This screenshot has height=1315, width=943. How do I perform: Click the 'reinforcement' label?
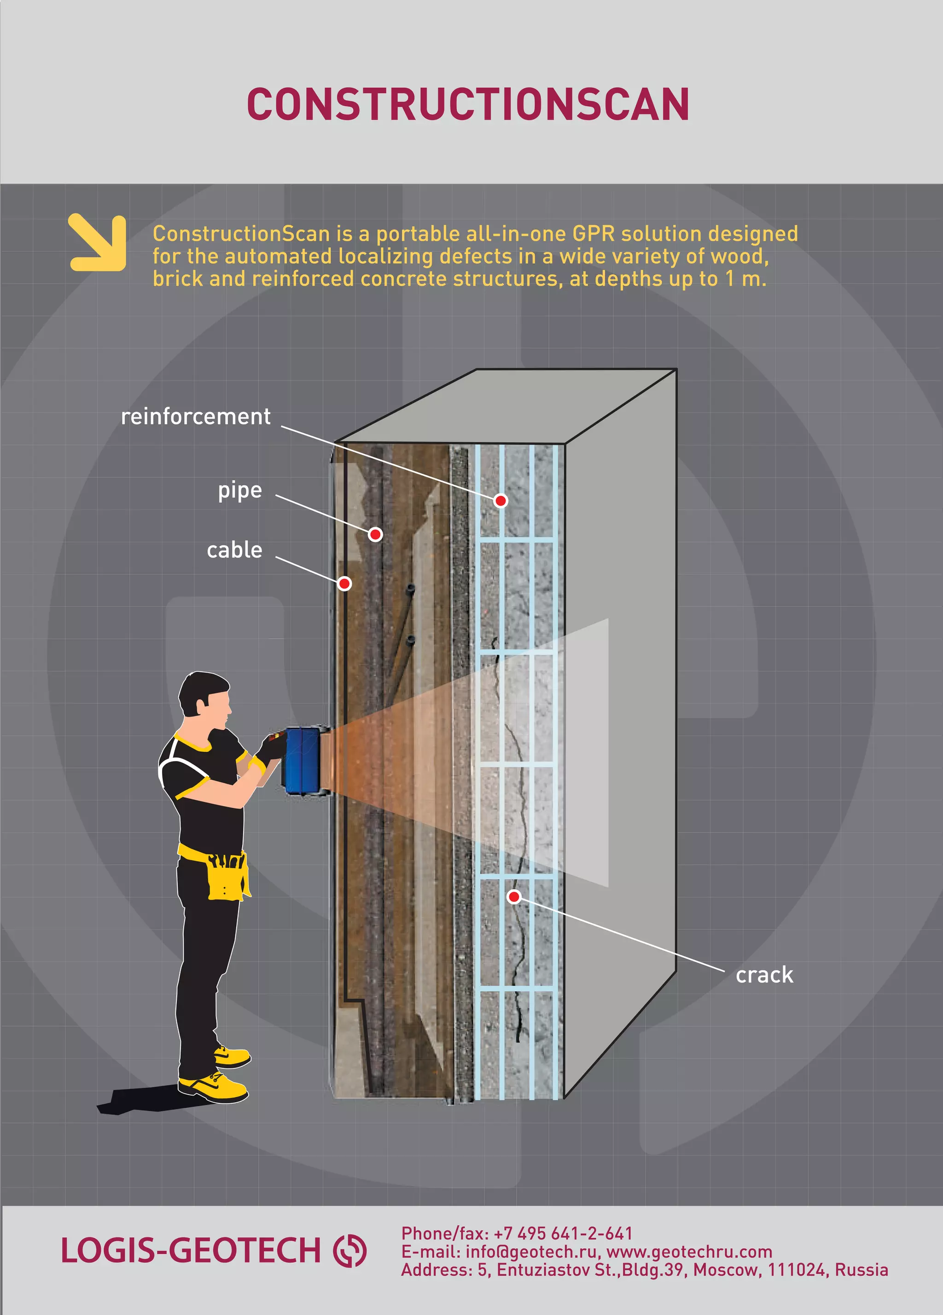(x=196, y=416)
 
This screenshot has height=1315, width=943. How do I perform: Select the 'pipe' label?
(x=240, y=490)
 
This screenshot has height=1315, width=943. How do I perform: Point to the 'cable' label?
(x=234, y=550)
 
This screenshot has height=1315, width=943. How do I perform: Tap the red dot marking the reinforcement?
(x=500, y=501)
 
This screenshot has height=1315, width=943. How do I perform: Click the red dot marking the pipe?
(x=375, y=534)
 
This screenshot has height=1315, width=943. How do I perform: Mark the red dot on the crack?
(x=513, y=897)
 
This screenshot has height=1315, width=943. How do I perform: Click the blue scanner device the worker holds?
(x=303, y=761)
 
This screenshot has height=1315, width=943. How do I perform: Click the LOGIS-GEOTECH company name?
(x=190, y=1250)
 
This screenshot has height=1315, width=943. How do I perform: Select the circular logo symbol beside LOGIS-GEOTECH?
(x=350, y=1251)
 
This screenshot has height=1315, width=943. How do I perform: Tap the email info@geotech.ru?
(x=531, y=1252)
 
